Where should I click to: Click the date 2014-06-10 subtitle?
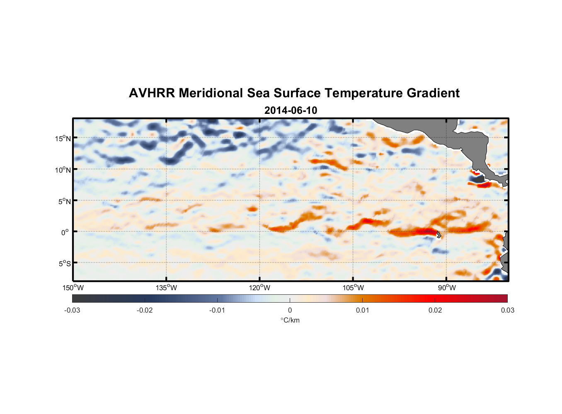[291, 111]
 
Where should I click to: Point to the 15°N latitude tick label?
[63, 138]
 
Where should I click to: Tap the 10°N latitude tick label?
[63, 170]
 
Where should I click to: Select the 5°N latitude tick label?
[64, 201]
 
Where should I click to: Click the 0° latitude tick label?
[65, 232]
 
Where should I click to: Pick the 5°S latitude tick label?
[64, 263]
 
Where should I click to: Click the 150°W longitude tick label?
[73, 288]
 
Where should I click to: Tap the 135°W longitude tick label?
[167, 288]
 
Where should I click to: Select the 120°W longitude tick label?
[260, 288]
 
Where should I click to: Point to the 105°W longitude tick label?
[353, 288]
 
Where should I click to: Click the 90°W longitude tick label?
[447, 288]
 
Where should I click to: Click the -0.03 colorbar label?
[72, 310]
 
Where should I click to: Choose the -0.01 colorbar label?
[217, 310]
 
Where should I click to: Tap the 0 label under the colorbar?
[290, 310]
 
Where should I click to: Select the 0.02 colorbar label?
[435, 310]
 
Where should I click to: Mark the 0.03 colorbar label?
[507, 310]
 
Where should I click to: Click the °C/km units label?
[290, 320]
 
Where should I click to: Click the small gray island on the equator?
[438, 234]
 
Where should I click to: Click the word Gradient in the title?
[433, 93]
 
